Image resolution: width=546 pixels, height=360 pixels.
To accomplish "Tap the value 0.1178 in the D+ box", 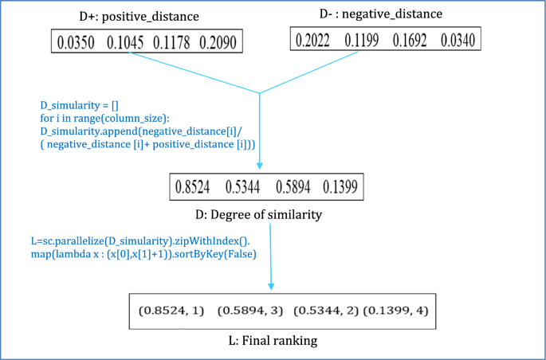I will (x=171, y=41).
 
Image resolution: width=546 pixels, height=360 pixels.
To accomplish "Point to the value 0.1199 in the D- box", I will (x=363, y=39).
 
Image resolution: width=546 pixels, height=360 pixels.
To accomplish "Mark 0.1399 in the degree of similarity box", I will (x=340, y=187).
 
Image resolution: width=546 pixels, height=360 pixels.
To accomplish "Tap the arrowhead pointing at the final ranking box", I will (x=273, y=287).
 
